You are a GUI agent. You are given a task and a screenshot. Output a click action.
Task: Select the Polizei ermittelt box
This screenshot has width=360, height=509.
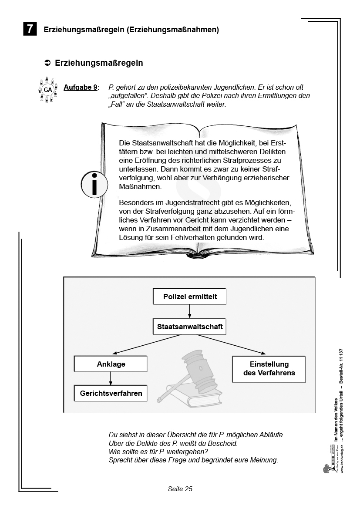190,297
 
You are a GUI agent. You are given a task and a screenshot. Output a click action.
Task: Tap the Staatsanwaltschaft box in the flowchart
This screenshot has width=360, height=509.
190,326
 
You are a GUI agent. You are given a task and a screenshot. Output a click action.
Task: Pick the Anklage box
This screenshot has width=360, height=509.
111,364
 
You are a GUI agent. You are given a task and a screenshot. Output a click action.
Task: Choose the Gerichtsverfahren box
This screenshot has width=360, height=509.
111,393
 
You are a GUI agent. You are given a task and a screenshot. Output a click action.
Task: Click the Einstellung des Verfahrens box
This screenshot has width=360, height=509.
269,368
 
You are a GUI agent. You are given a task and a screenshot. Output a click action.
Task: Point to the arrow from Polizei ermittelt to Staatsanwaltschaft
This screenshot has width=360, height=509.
190,311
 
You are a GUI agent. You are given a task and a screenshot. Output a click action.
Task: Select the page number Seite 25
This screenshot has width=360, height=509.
180,489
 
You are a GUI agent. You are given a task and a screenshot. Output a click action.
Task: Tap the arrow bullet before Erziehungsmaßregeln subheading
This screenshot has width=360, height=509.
48,63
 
